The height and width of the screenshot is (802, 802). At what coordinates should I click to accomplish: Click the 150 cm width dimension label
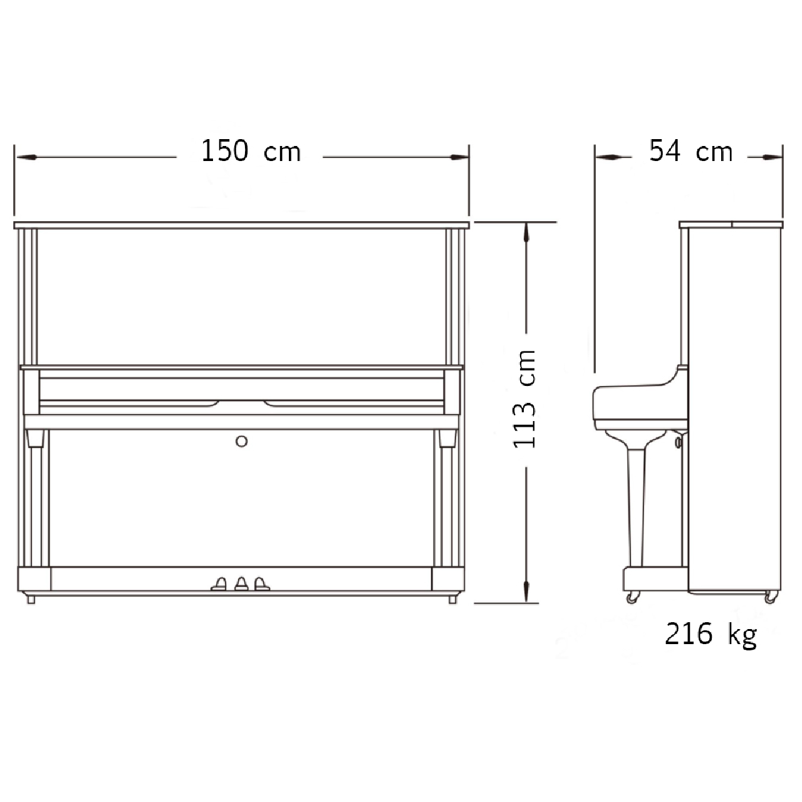(x=251, y=151)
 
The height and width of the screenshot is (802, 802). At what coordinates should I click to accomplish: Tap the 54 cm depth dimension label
(x=691, y=151)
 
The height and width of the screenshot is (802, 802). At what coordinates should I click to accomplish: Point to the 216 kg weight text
(x=711, y=634)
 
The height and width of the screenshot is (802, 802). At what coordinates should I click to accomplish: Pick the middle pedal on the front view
(x=241, y=583)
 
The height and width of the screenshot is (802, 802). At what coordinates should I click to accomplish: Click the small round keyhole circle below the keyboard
(x=241, y=441)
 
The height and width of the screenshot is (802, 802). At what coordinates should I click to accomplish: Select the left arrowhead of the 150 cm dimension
(x=26, y=157)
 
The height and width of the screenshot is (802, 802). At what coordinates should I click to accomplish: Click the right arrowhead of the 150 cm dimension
(x=459, y=157)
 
